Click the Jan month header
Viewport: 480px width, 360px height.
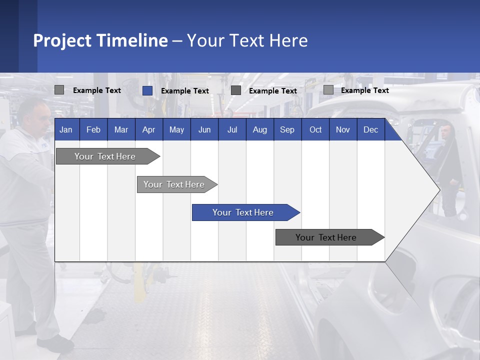click(x=66, y=129)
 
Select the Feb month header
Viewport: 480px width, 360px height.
click(x=93, y=129)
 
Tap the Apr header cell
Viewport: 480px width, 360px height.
click(x=148, y=129)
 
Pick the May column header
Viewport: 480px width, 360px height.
click(x=176, y=129)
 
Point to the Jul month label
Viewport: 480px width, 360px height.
click(x=232, y=129)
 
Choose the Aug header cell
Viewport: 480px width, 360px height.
click(x=259, y=129)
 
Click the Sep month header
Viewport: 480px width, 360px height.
click(x=287, y=129)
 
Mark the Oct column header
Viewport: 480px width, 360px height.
click(x=315, y=129)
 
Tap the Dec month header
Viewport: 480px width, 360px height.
click(x=370, y=129)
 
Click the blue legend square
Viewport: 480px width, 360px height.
click(x=147, y=90)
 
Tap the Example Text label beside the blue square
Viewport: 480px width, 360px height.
click(x=185, y=91)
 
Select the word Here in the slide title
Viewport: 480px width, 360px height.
click(x=288, y=40)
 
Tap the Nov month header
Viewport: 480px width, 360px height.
click(x=343, y=129)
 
